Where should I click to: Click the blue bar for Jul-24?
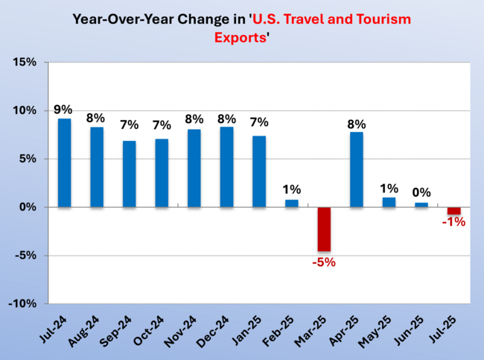[65, 162]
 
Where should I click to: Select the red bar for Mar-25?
[324, 230]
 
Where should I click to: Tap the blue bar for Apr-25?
[357, 169]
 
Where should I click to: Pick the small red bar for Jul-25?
[453, 211]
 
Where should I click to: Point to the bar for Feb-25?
[292, 203]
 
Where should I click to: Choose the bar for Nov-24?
[194, 168]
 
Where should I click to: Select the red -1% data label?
[453, 222]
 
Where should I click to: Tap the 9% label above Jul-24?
[65, 109]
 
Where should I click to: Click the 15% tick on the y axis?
[24, 62]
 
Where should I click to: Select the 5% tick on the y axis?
[27, 159]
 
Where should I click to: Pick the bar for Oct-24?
[162, 172]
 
